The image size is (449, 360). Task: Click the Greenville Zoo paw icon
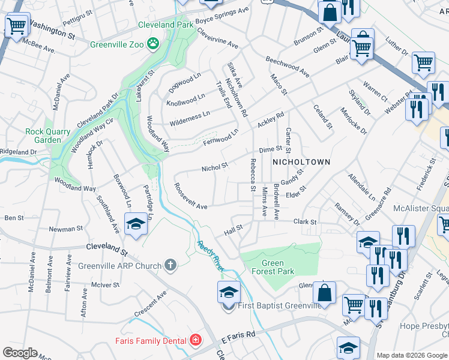[154, 43]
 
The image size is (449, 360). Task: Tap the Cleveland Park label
[166, 25]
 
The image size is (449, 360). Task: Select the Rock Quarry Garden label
[43, 136]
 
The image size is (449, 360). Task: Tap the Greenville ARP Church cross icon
[170, 265]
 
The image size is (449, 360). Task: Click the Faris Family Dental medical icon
[194, 341]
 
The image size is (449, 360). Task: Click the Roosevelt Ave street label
[190, 196]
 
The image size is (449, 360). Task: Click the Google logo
[19, 353]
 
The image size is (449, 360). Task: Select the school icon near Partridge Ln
[136, 224]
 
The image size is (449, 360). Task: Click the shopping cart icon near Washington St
[16, 25]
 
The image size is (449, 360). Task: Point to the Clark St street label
[305, 222]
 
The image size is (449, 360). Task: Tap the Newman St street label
[65, 229]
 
